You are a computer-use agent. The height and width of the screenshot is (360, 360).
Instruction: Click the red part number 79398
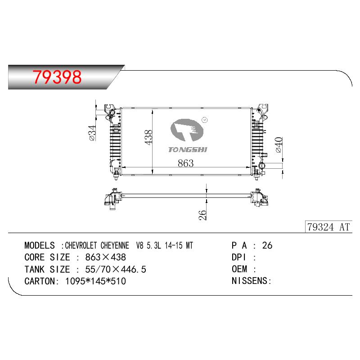(x=57, y=77)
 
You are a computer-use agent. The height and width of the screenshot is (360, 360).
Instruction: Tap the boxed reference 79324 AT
(x=328, y=227)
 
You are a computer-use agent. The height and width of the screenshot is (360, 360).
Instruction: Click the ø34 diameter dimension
(x=92, y=133)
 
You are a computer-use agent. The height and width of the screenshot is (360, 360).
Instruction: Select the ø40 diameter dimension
(x=279, y=145)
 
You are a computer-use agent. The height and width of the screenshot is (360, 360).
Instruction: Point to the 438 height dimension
(x=148, y=137)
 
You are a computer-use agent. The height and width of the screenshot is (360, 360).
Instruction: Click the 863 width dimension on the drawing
(x=185, y=163)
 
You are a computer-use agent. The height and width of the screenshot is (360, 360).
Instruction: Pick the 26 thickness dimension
(x=202, y=215)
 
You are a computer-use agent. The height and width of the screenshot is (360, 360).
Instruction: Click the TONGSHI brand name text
(x=188, y=149)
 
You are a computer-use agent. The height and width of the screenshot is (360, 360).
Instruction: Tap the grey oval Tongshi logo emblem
(x=187, y=130)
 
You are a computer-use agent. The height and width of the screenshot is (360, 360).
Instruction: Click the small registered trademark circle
(x=204, y=120)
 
